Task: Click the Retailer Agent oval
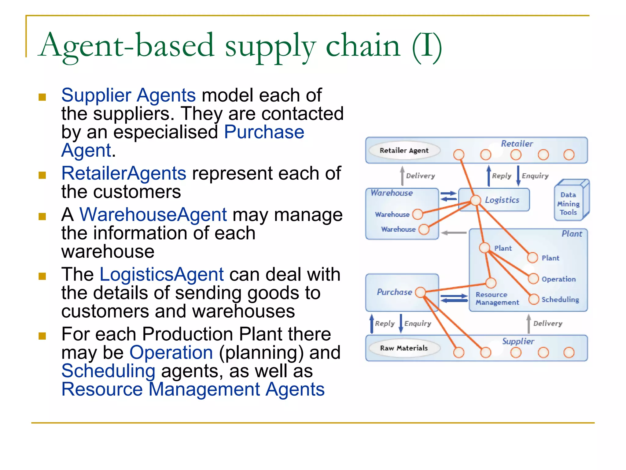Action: coord(404,151)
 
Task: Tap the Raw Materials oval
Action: coord(404,348)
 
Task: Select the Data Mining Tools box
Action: coord(569,203)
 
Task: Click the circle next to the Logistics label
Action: coord(475,200)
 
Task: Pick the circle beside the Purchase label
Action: coord(421,292)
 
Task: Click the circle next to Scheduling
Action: coord(534,299)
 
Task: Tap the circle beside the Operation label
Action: coord(533,279)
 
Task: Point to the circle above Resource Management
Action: coord(491,283)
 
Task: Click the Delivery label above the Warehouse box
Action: coord(420,176)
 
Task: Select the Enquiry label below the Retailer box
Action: coord(535,176)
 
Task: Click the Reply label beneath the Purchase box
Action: coord(385,324)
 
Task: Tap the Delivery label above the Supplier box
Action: coord(547,324)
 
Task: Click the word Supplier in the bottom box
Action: coord(518,341)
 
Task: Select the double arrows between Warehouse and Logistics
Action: coord(448,196)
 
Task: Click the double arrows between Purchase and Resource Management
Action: coord(454,298)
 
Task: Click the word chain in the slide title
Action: coord(363,46)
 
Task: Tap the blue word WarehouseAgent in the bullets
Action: coord(153,214)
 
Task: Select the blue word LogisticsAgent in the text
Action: coord(161,274)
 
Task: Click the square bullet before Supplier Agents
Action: coord(42,97)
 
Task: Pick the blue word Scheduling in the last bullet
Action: coord(108,371)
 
